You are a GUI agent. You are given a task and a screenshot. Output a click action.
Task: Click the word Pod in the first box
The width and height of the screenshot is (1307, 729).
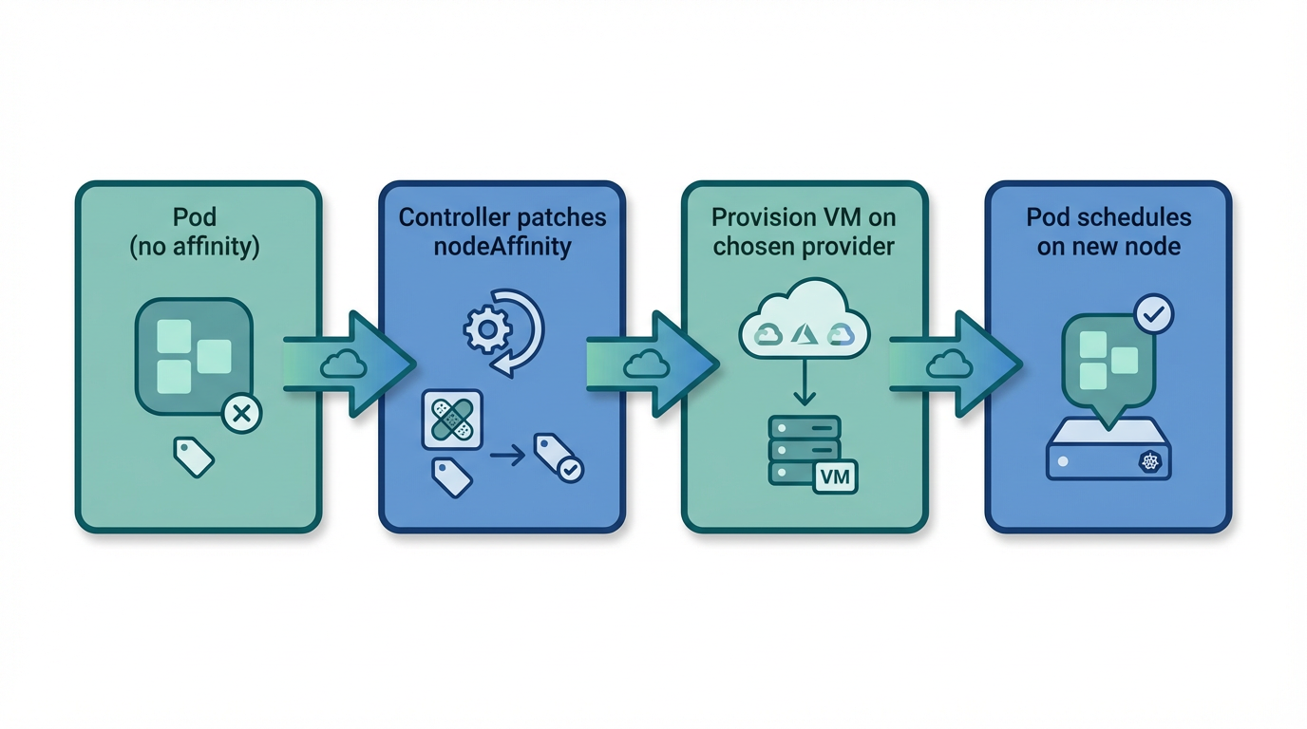click(x=195, y=217)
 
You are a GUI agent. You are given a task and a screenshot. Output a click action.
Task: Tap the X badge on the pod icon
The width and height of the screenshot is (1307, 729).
click(x=241, y=414)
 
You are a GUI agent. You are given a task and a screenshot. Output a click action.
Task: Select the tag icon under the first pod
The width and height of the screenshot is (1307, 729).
click(x=194, y=457)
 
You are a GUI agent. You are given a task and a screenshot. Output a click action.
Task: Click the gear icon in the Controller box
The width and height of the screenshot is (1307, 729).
click(x=486, y=329)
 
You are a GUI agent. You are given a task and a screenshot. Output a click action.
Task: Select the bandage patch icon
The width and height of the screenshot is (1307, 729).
click(x=452, y=419)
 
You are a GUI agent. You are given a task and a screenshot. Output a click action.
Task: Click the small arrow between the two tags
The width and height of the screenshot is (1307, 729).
click(x=507, y=457)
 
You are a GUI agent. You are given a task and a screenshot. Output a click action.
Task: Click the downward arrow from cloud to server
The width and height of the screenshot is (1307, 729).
click(x=804, y=385)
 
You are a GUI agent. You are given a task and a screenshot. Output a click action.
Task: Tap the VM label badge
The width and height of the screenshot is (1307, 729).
click(x=835, y=476)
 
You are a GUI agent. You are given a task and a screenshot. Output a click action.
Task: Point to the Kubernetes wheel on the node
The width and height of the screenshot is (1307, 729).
click(x=1150, y=462)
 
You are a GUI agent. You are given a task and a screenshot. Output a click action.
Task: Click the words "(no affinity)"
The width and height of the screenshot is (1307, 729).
click(x=195, y=247)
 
